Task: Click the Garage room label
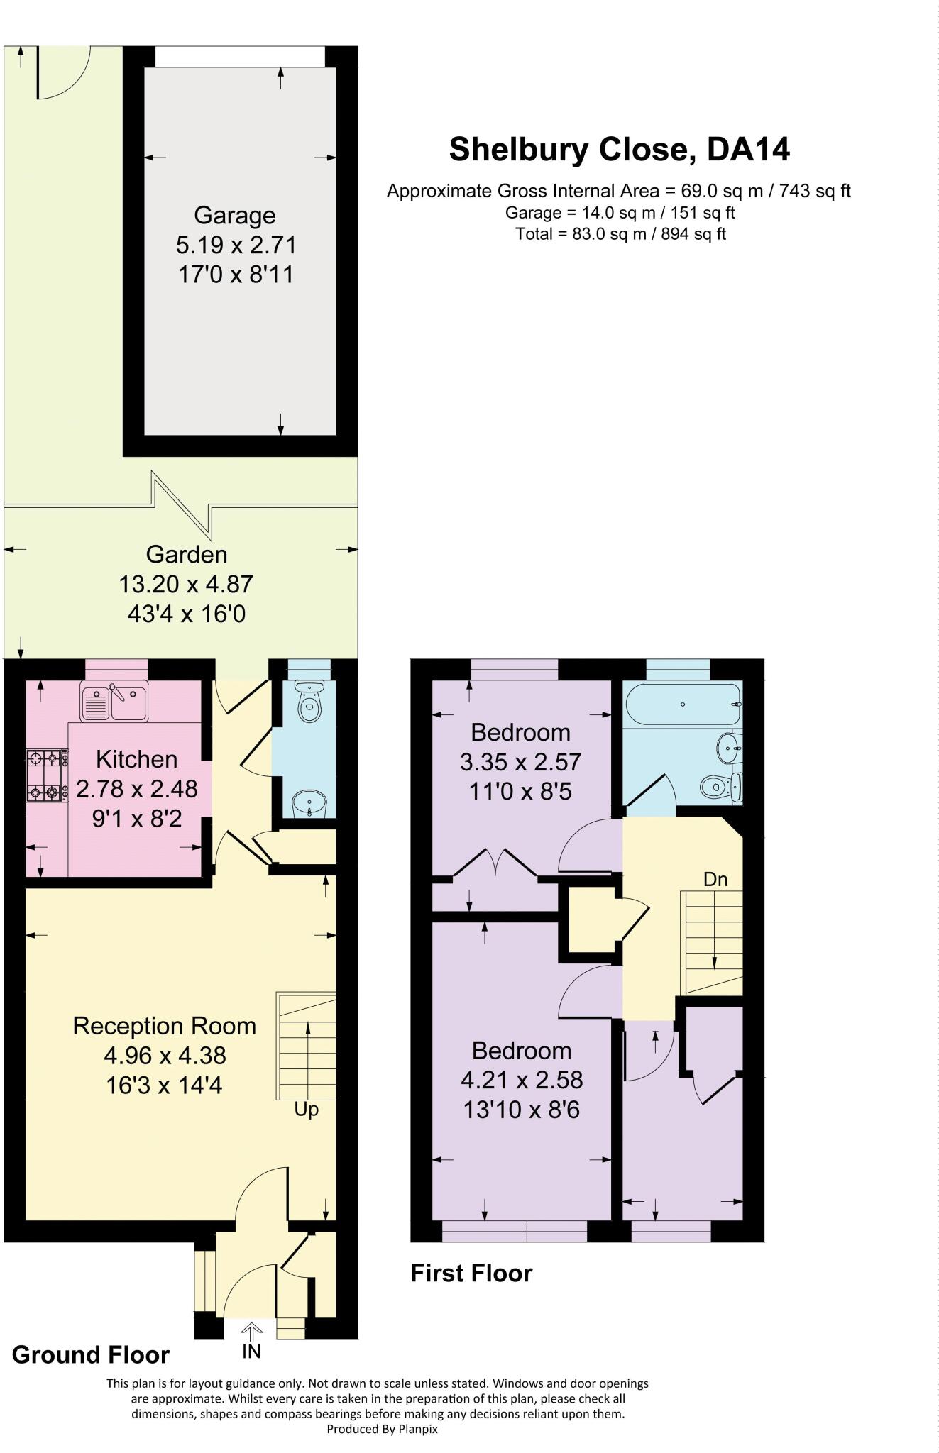click(234, 215)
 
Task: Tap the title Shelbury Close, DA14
click(619, 150)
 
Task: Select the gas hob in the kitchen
click(43, 775)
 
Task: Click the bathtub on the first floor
click(682, 704)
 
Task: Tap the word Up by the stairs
click(307, 1109)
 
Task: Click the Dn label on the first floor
click(715, 880)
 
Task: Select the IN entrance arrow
click(251, 1332)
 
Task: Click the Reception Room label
click(165, 1026)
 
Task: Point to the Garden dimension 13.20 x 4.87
click(186, 584)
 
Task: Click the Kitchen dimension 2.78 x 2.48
click(136, 789)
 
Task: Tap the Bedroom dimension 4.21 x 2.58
click(522, 1080)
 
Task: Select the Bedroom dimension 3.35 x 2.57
click(520, 762)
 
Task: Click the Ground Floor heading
click(91, 1355)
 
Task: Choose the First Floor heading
click(471, 1274)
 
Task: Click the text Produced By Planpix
click(382, 1429)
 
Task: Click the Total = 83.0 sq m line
click(620, 234)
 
